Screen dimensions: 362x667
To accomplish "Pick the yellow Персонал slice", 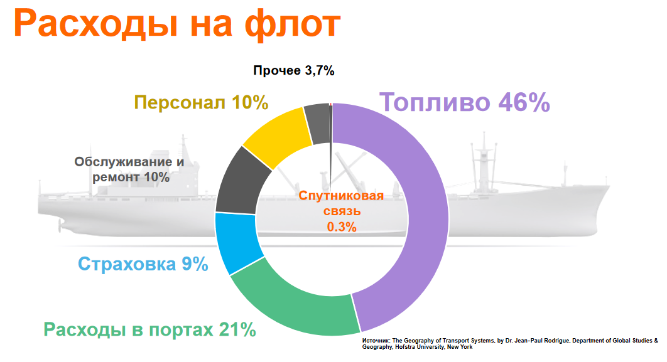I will coord(277,136).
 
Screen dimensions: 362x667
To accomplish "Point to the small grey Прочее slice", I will coord(318,115).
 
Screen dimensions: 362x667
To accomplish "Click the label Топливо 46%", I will coord(465,102).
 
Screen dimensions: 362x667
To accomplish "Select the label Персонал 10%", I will coord(202,102).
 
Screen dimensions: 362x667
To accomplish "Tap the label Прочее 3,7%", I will coord(293,70).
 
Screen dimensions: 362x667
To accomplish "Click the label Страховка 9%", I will coord(143,264).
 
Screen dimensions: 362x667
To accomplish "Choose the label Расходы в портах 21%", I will coord(149,329).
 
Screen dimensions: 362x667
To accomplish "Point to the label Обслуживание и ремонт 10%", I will coord(129,169).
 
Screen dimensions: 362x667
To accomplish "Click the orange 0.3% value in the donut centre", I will coord(342,227).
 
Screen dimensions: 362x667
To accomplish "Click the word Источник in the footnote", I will coord(376,341).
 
